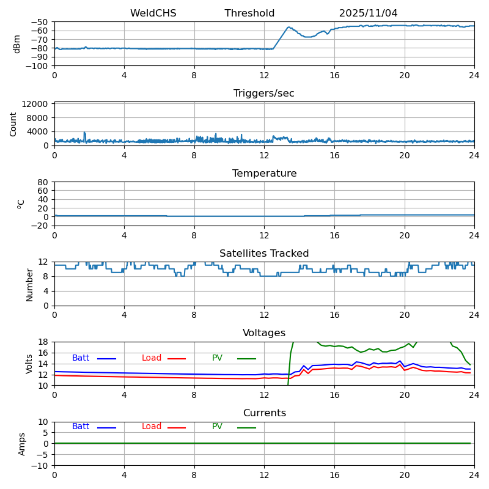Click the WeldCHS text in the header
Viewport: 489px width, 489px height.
click(x=153, y=13)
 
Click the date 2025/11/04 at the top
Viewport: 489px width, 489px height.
click(x=368, y=13)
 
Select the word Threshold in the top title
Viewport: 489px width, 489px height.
click(x=249, y=13)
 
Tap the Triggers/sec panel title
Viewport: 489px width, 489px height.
click(x=264, y=94)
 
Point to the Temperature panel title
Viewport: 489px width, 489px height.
click(x=264, y=174)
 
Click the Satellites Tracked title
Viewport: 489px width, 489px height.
click(x=264, y=254)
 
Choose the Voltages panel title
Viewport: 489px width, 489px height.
click(x=264, y=333)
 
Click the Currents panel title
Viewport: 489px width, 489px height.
click(x=264, y=413)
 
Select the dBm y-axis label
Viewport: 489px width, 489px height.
click(x=17, y=44)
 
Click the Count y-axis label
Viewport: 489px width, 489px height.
click(x=13, y=123)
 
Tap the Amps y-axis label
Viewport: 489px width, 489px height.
click(x=22, y=444)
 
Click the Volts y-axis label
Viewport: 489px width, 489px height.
click(x=29, y=364)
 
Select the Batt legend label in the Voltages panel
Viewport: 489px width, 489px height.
click(x=81, y=358)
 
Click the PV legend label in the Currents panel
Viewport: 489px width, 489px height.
click(x=217, y=427)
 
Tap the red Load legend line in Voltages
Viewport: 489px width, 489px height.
click(x=177, y=359)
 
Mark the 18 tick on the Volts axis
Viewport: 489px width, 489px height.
click(x=44, y=342)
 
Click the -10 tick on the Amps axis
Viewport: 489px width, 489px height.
click(x=40, y=466)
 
